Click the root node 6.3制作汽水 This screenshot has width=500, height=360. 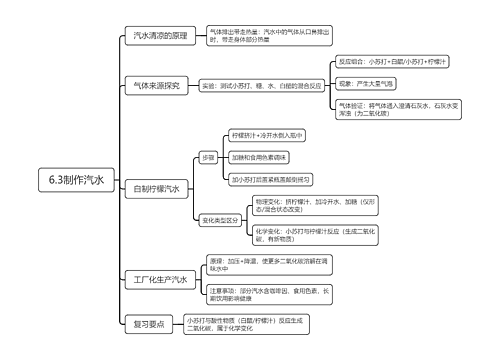point(75,181)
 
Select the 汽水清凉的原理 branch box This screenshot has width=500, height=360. point(160,36)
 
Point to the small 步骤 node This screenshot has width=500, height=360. point(208,157)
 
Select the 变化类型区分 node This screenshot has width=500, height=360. point(220,219)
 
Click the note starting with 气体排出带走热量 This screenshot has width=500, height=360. point(255,36)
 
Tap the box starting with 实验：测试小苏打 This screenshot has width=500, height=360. point(260,86)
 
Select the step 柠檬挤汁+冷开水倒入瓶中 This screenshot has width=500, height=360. point(267,134)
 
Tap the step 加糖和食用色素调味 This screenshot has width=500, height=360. point(259,157)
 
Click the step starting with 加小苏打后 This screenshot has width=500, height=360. point(270,180)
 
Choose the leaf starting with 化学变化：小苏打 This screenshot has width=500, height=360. point(314,236)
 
